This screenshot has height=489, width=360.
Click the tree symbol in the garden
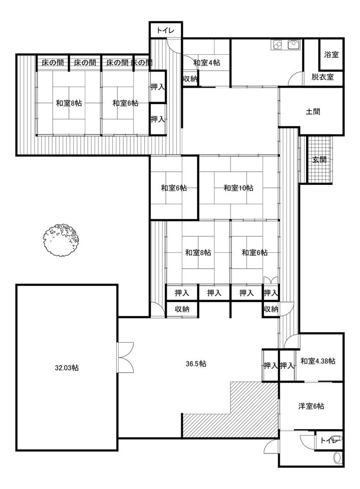(x=60, y=240)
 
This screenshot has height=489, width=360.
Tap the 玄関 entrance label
(x=319, y=159)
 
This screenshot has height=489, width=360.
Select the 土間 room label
(x=313, y=111)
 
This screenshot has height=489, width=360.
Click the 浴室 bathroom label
(x=331, y=54)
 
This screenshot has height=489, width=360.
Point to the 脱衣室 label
(x=322, y=76)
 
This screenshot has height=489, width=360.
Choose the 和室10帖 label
(x=239, y=188)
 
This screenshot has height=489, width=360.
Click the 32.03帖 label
(x=67, y=368)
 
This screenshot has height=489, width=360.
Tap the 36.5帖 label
(x=196, y=364)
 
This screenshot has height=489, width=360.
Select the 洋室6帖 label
(x=311, y=406)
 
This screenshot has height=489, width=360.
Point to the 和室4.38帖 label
(x=318, y=361)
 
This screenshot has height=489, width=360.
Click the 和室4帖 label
(x=207, y=62)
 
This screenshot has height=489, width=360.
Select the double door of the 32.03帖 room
(x=125, y=356)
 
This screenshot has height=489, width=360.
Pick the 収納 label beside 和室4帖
(x=190, y=79)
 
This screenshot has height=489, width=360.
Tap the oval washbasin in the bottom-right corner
(x=337, y=458)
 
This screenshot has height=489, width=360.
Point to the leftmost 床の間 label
(x=53, y=62)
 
